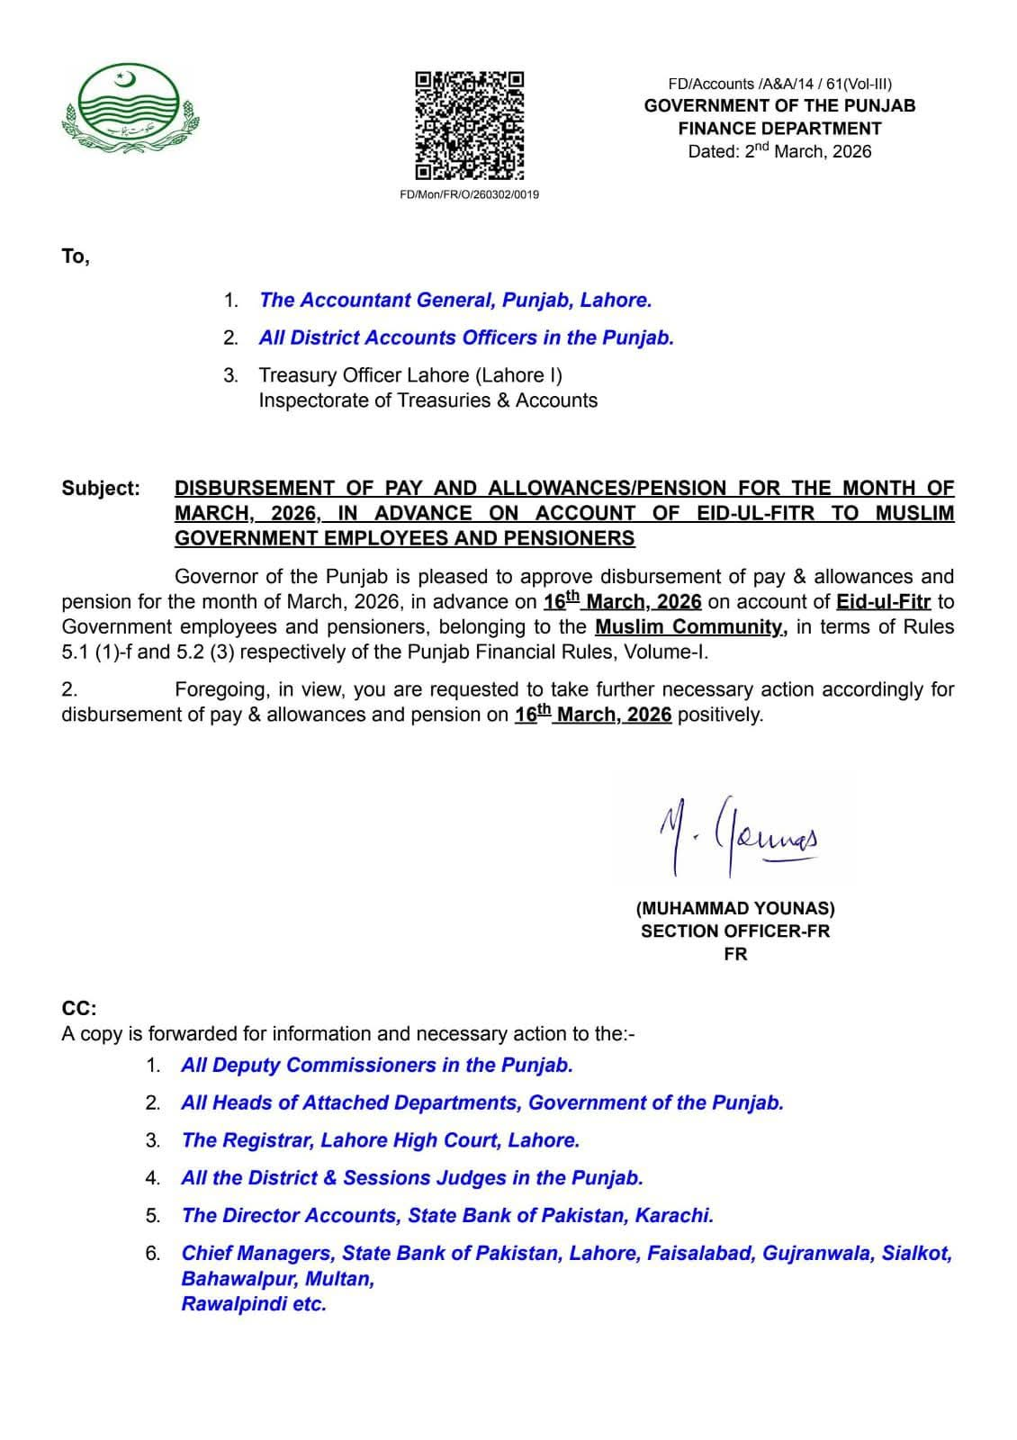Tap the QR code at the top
coord(469,125)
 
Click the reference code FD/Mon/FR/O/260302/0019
coord(469,194)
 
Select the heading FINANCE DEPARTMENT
coord(779,129)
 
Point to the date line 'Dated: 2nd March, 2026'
coord(779,151)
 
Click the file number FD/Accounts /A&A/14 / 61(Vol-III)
coord(779,84)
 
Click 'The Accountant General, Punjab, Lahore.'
coord(454,301)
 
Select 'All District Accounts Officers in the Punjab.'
coord(465,338)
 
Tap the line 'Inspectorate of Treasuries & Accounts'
coord(427,400)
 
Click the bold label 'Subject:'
coord(101,489)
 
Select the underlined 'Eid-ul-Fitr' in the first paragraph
coord(883,602)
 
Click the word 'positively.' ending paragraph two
coord(720,715)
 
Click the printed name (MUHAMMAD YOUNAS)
coord(734,909)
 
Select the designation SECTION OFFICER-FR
coord(734,931)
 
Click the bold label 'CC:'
coord(79,1009)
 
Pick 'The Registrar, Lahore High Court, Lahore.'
coord(380,1140)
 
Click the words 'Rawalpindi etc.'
coord(254,1304)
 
